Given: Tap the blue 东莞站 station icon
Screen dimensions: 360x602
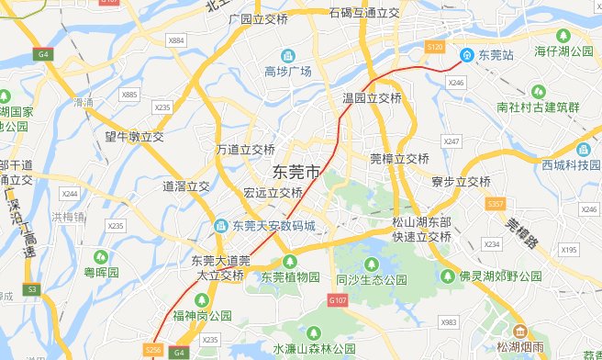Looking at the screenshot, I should (466, 55).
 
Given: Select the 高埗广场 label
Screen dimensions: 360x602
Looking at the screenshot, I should (288, 72).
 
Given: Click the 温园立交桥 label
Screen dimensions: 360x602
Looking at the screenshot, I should (372, 97).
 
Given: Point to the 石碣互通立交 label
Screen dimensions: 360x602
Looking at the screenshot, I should (363, 14).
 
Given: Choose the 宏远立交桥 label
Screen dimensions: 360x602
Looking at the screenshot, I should (273, 193).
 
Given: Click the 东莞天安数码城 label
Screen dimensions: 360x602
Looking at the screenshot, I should (273, 226).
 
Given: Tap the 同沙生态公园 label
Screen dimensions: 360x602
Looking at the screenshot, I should (371, 279).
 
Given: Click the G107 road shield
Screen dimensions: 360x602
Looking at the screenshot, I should (338, 299).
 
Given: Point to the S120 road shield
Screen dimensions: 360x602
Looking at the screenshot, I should (435, 46).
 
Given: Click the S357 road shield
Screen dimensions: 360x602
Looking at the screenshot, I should (496, 203).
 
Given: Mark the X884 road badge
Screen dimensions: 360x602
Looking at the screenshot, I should (177, 40).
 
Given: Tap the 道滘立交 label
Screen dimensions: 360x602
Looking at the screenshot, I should (186, 186).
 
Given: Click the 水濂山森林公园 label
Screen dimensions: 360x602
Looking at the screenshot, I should (313, 349).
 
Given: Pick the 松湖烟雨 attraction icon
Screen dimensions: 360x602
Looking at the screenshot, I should (520, 331).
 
